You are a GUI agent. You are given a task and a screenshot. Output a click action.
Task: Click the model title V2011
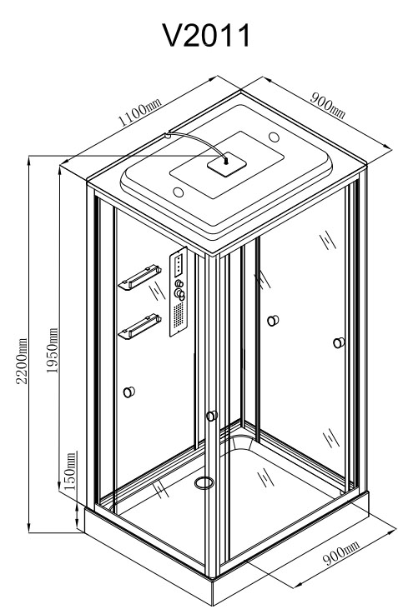coord(206,36)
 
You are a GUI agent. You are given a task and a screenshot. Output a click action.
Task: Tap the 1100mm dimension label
coord(139,112)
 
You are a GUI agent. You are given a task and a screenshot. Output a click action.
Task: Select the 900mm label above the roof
coord(328,105)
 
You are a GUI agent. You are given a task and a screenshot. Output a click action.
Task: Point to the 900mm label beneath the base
coord(340,552)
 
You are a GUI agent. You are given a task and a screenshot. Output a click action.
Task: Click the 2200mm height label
coord(21,360)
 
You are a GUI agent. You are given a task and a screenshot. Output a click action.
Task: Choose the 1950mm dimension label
coord(52,351)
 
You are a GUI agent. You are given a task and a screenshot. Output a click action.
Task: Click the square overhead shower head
coord(227,164)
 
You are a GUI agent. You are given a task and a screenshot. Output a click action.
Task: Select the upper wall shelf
coord(140,277)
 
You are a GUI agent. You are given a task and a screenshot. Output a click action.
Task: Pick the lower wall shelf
coord(140,327)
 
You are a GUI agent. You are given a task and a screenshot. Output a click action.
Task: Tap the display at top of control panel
coord(179,263)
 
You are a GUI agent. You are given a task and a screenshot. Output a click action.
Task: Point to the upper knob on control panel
coord(179,283)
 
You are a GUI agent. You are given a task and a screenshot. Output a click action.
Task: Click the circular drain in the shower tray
coord(204,483)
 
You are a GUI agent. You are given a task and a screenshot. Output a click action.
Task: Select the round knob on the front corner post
coord(212,416)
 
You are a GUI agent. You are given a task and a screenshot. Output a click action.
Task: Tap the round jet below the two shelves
coord(129,392)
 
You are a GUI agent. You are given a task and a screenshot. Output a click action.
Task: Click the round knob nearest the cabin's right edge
coord(339,343)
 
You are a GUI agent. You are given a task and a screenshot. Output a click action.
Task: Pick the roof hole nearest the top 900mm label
coord(274,137)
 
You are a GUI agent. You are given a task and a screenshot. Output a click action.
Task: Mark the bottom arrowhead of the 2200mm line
coord(29,528)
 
